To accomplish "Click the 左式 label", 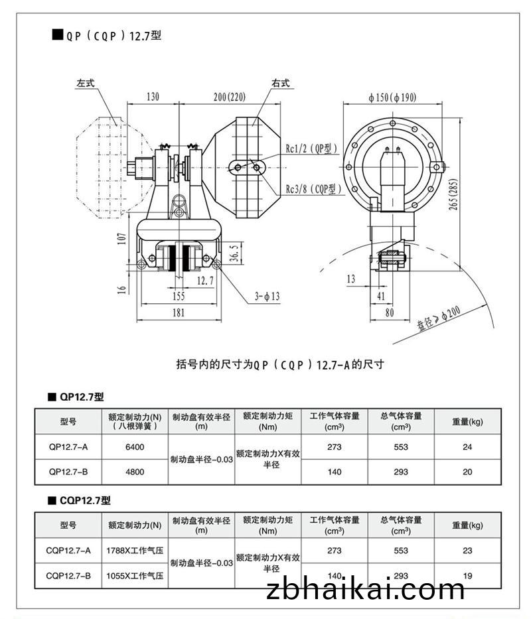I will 86,83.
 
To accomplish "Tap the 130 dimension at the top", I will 152,97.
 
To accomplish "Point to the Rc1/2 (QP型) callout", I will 312,148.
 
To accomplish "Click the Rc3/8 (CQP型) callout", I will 313,189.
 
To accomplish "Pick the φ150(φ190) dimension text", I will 393,97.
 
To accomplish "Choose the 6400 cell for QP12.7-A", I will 135,447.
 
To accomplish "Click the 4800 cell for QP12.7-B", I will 135,472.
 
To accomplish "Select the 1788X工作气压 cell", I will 135,550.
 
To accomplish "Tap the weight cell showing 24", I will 467,447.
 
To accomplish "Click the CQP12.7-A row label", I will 68,550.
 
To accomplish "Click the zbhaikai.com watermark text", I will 365,588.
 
